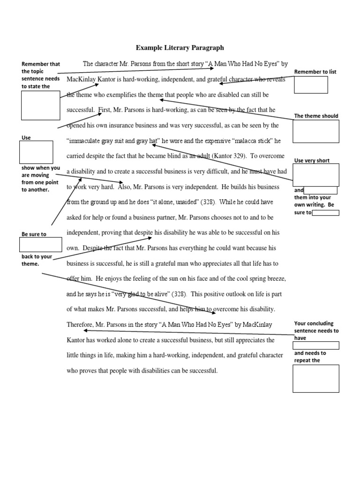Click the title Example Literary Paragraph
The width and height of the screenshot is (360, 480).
coord(180,47)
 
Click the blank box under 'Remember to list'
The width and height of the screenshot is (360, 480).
coord(310,85)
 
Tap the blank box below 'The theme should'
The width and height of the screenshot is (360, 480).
coord(315,131)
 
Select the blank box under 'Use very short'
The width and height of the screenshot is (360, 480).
coord(315,175)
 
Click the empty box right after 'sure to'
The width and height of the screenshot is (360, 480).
coord(325,213)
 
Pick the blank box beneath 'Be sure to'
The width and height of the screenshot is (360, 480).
coord(41,244)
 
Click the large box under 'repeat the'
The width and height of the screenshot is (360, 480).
coord(315,378)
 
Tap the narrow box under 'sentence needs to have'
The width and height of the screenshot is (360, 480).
coord(315,345)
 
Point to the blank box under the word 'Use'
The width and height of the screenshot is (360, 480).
coord(36,152)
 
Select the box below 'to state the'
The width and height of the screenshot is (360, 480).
coord(41,105)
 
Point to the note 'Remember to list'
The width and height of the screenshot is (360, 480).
coord(315,72)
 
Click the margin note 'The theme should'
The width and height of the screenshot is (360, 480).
coord(315,116)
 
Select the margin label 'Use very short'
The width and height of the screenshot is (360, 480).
coord(312,160)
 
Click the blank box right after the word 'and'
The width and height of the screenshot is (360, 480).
coord(321,190)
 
